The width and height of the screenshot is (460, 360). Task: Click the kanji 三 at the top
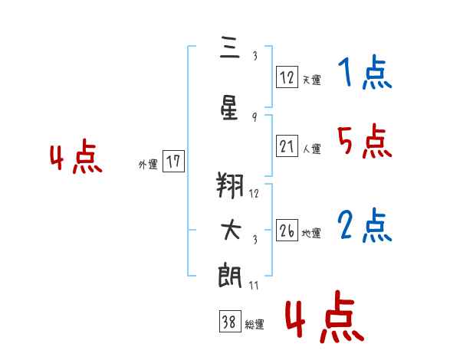(x=230, y=47)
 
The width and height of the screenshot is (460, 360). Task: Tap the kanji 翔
(x=230, y=185)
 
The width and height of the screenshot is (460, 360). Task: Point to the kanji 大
(x=231, y=230)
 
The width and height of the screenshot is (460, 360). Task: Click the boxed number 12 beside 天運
(x=287, y=77)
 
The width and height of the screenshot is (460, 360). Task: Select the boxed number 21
(x=287, y=146)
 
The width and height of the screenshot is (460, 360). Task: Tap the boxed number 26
(x=287, y=230)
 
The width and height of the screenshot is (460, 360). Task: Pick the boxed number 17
(x=173, y=161)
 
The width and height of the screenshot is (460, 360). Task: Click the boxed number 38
(x=230, y=321)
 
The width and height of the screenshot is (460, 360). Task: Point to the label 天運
(x=311, y=80)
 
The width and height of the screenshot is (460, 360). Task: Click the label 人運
(x=311, y=149)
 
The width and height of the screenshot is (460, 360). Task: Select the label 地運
(x=311, y=234)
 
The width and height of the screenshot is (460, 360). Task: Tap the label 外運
(x=148, y=165)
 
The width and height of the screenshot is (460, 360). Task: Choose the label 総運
(x=255, y=325)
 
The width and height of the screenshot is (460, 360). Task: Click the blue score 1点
(x=365, y=72)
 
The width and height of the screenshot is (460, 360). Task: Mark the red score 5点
(x=365, y=141)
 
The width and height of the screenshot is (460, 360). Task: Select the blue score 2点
(x=365, y=225)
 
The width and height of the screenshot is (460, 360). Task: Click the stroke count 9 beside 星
(x=255, y=117)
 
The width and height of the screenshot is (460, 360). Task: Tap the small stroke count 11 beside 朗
(x=254, y=285)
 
